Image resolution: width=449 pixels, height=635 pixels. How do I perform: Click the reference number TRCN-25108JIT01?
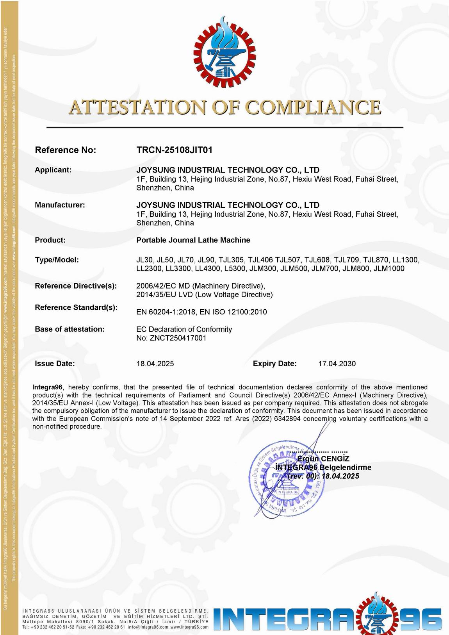(174, 150)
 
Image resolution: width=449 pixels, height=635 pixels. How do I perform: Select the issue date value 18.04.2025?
(155, 364)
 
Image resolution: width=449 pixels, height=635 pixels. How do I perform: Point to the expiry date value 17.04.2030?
(337, 364)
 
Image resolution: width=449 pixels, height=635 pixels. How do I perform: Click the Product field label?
(50, 240)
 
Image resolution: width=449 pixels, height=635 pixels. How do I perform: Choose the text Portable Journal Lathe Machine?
(193, 240)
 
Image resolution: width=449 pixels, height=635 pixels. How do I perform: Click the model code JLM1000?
(389, 269)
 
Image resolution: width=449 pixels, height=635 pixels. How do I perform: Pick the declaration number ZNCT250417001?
(178, 338)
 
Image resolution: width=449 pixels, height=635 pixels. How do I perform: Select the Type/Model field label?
(57, 260)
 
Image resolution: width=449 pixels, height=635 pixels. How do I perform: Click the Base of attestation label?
(70, 329)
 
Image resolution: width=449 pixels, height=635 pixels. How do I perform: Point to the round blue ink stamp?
(286, 479)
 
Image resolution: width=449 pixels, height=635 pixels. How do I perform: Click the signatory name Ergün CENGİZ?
(323, 459)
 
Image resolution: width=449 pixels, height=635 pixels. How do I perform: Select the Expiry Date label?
(275, 364)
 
